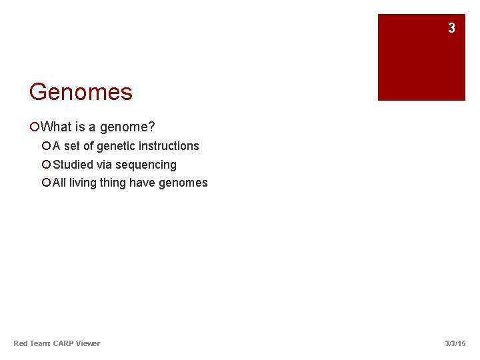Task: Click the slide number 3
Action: [451, 28]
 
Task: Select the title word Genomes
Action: [81, 92]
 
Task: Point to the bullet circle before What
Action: [35, 127]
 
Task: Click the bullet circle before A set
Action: [46, 146]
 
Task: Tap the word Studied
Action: [73, 165]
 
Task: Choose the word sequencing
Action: [146, 165]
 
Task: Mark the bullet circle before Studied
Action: [46, 165]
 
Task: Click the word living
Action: [83, 183]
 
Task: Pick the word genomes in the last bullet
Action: [183, 183]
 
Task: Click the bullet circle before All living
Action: [46, 183]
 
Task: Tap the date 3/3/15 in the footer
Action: [455, 343]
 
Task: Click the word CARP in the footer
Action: [63, 343]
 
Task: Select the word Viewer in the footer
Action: [88, 343]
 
